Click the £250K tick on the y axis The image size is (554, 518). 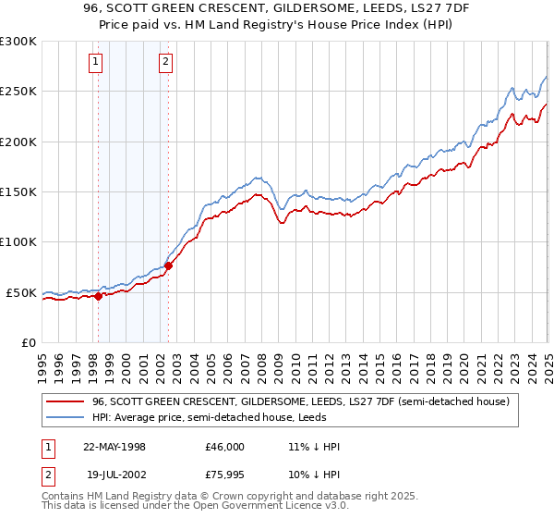(18, 92)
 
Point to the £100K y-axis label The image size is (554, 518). (18, 242)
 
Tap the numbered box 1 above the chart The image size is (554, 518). (97, 62)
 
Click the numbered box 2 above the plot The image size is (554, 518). (165, 62)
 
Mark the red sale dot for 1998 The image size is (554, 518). (98, 296)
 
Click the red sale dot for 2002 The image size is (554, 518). (168, 266)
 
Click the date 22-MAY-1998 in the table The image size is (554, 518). (114, 447)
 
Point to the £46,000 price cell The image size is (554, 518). (225, 447)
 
